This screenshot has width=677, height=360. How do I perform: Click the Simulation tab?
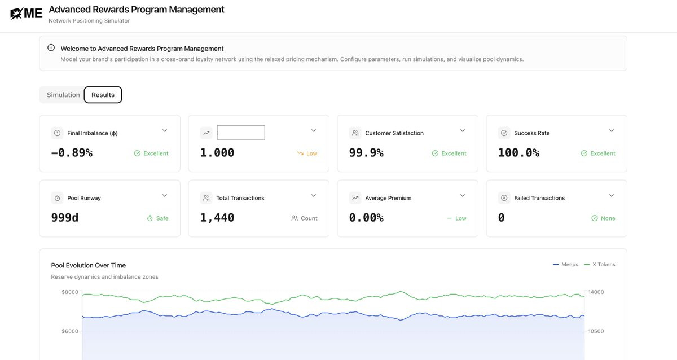pos(63,95)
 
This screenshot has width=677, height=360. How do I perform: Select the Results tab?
pos(103,95)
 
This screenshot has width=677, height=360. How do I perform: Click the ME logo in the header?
pos(27,14)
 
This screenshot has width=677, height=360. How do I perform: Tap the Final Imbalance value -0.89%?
pos(72,153)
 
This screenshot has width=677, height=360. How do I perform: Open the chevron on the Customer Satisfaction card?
pos(463,130)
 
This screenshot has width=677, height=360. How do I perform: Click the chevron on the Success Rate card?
pos(612,130)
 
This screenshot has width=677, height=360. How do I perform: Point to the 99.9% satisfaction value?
pos(366,153)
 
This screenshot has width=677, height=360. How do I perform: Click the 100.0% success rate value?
pos(518,153)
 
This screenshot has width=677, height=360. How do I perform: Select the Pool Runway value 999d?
pos(65,218)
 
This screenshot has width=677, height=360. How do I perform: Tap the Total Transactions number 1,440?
pos(217,218)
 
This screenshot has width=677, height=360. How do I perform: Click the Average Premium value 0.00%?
pos(366,218)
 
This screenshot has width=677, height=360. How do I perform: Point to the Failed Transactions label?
pos(539,198)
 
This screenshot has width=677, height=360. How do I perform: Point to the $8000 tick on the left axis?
pos(70,292)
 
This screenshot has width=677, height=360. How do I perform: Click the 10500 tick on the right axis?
pos(596,331)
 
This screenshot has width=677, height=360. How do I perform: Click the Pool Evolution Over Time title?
pos(88,265)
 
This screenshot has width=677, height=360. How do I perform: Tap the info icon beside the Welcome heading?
pos(51,48)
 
